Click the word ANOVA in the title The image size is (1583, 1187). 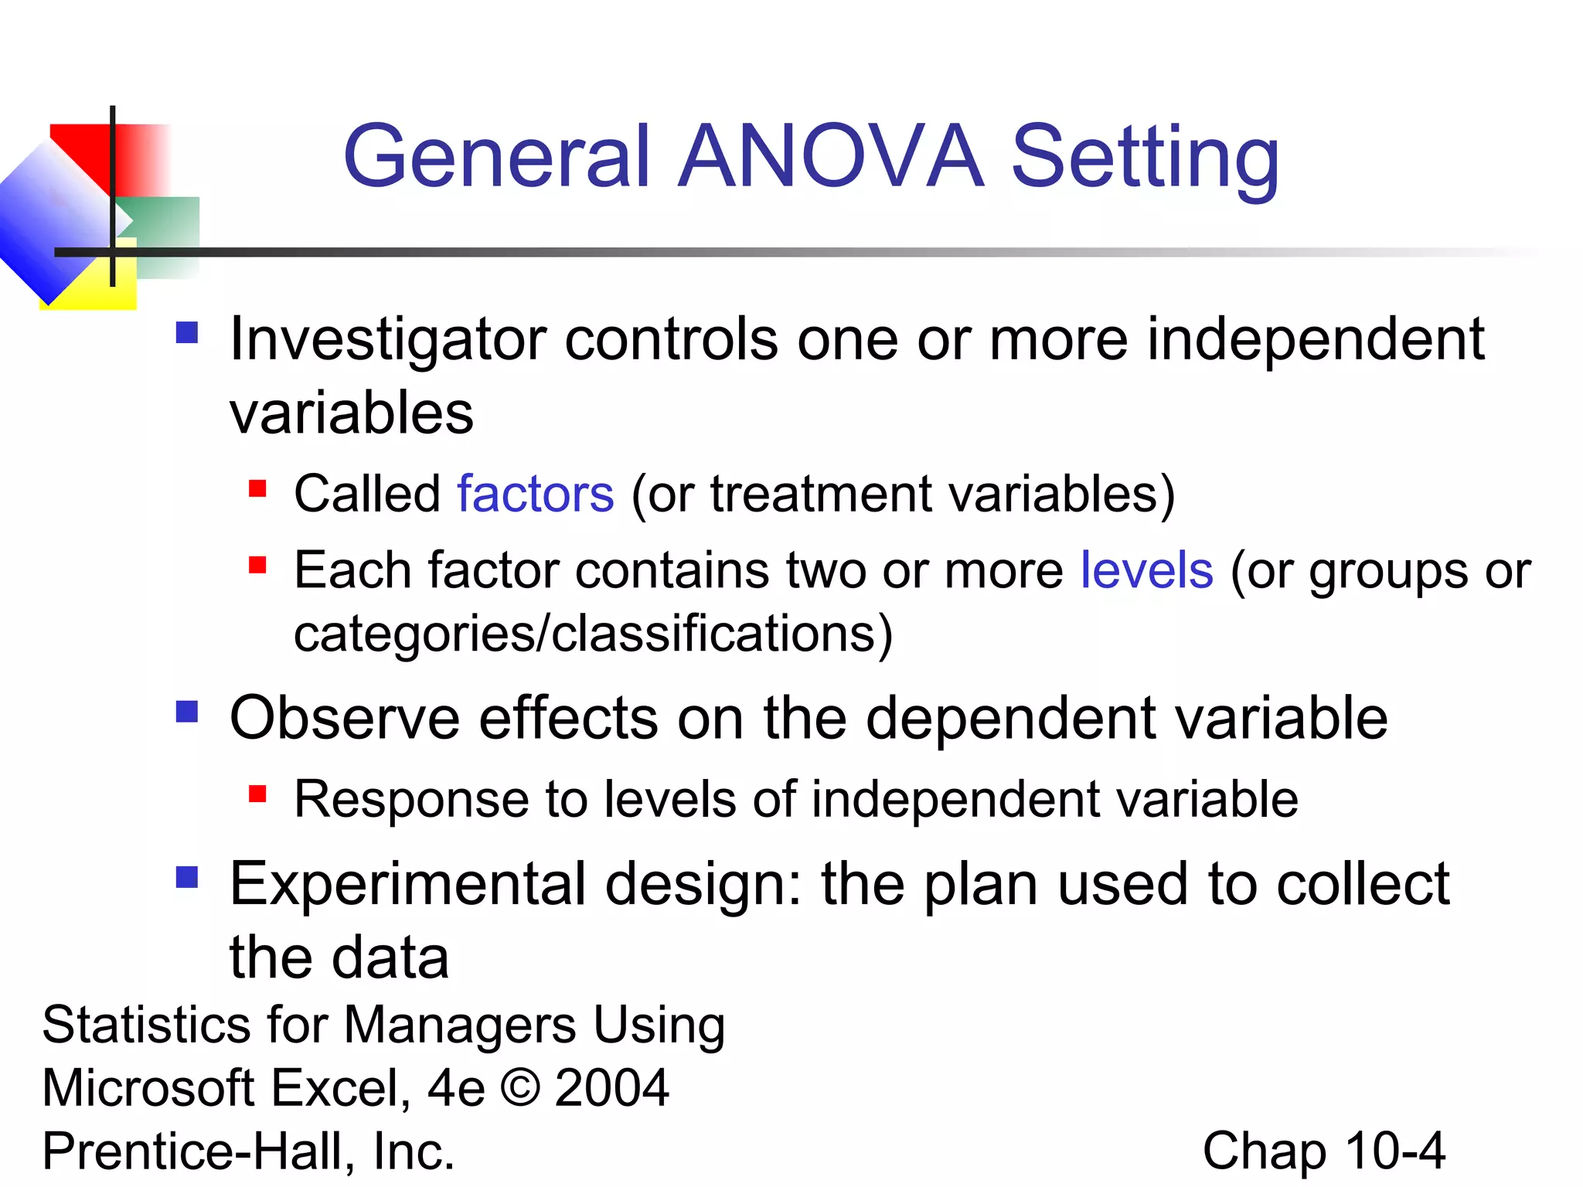pos(831,157)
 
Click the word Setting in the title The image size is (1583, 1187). pos(1145,158)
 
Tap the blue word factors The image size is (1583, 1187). pos(535,494)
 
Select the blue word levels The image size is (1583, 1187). pos(1146,570)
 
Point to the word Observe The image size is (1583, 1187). pos(344,719)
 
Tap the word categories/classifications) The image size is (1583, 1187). pos(593,634)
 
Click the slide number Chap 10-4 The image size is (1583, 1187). pos(1323,1151)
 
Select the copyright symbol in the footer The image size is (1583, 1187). pos(520,1088)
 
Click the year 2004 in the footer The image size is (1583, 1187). pos(611,1088)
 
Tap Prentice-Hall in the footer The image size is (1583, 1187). pos(198,1151)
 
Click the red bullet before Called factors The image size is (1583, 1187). pos(257,488)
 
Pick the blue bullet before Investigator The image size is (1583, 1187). pos(187,333)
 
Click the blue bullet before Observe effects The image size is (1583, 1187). pos(187,711)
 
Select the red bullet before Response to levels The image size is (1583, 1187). pos(257,794)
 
